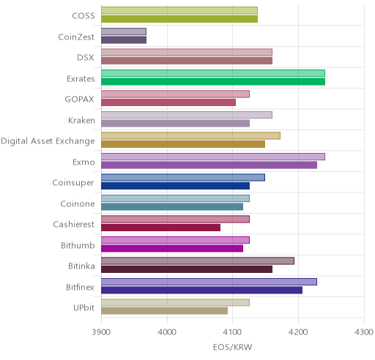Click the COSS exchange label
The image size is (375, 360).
point(83,16)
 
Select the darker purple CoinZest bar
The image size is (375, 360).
point(124,40)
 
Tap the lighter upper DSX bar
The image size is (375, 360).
point(187,52)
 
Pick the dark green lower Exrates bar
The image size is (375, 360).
point(213,82)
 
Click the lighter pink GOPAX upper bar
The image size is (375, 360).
point(175,94)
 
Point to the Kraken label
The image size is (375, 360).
point(81,120)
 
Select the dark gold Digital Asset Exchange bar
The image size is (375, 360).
point(183,144)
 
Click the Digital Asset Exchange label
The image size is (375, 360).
point(48,141)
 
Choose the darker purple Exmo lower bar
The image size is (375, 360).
point(209,165)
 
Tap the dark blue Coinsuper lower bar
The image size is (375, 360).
point(175,186)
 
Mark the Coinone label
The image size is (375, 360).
point(78,203)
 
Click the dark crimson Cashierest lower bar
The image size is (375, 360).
point(160,228)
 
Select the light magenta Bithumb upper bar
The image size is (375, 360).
point(175,240)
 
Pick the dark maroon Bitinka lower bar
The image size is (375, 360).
point(187,269)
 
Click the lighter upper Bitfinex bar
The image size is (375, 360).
point(209,282)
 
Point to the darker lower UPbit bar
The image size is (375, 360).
point(165,311)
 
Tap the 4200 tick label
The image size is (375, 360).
point(298,332)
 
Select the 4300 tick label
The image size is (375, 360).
point(364,332)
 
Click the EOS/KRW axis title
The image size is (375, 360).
point(232,347)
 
